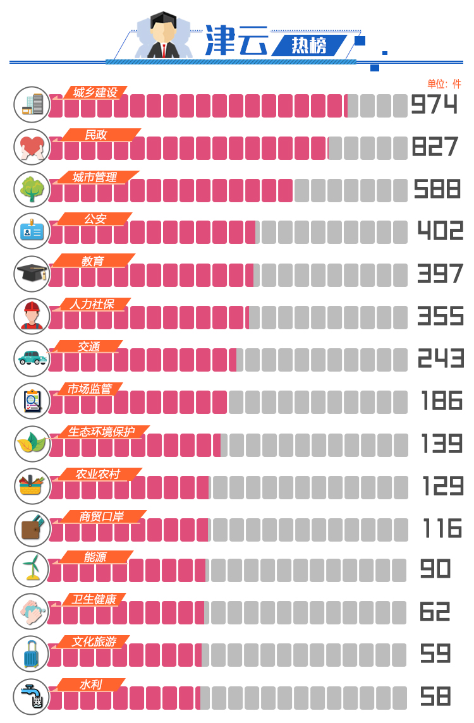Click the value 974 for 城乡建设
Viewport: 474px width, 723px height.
point(434,104)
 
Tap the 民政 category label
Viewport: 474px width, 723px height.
point(96,135)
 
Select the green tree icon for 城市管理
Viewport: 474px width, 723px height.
point(32,189)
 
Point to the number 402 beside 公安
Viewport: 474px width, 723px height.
point(440,231)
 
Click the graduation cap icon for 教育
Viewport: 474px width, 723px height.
point(32,274)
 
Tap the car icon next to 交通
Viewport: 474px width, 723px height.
point(32,358)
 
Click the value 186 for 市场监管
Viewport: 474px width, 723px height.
point(442,401)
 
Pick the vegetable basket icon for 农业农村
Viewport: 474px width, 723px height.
point(32,485)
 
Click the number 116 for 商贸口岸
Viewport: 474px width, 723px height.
point(442,528)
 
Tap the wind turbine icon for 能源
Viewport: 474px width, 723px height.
point(31,569)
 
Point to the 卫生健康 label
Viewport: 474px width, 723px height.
point(94,599)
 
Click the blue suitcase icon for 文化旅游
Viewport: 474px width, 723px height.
point(31,654)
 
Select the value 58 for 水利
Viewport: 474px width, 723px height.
point(435,696)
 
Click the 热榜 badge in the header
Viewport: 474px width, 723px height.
point(309,46)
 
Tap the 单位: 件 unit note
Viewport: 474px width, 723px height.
point(444,84)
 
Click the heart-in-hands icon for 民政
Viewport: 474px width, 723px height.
point(32,147)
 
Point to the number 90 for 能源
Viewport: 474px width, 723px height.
point(435,569)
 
